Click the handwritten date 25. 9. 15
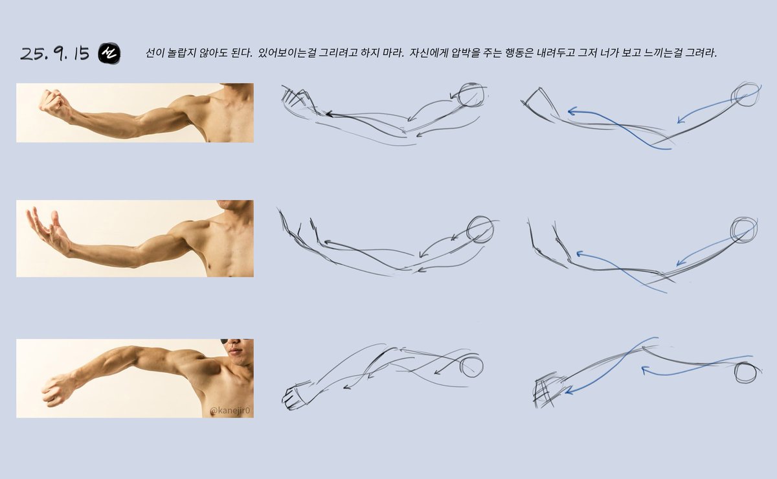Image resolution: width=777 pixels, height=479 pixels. pos(54,54)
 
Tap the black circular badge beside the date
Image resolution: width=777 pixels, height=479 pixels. pos(109,54)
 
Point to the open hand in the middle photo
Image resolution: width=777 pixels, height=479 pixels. pos(49,231)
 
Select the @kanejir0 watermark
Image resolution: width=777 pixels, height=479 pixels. pos(231,410)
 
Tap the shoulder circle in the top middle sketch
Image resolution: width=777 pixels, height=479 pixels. pos(471,96)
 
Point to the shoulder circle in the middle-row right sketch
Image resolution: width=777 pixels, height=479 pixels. pos(744,229)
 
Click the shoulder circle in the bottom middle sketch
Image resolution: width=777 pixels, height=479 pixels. pos(471,366)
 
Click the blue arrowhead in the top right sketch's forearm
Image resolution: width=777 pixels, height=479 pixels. pos(572,111)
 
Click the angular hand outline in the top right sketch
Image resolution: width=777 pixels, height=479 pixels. pos(537,100)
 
